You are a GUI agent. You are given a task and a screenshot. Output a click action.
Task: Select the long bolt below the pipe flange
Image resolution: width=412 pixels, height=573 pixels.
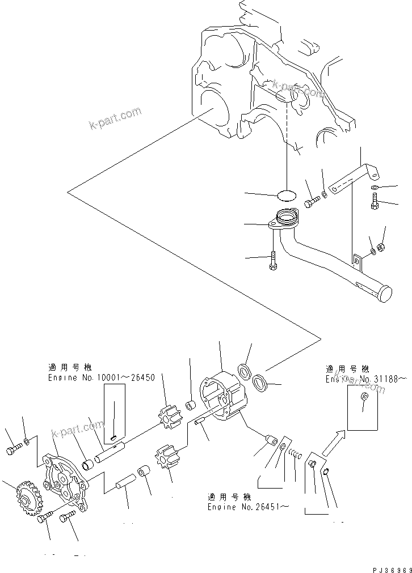[274, 261]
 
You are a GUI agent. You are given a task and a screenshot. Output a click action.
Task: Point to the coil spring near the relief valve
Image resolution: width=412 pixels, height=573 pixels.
[293, 453]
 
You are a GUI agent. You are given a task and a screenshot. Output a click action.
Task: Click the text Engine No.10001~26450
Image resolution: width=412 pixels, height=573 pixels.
[102, 377]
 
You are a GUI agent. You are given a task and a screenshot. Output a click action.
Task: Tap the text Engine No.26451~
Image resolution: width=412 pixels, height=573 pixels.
[248, 502]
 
